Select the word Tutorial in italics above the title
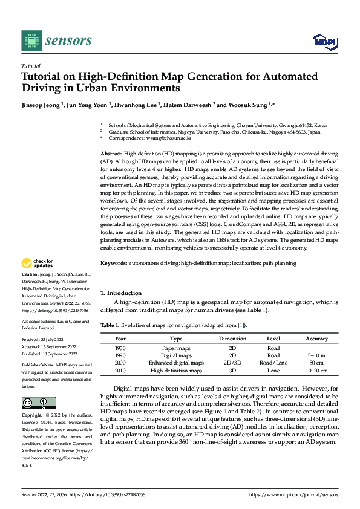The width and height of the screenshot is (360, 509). [x=31, y=66]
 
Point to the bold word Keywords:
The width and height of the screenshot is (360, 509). [x=114, y=263]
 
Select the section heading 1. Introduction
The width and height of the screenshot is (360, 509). [x=121, y=293]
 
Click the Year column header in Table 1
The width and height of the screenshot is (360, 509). [x=120, y=339]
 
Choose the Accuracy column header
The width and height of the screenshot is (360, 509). [x=317, y=339]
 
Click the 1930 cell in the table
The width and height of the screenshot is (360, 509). [x=120, y=349]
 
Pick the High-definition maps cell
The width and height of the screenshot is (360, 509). [x=176, y=371]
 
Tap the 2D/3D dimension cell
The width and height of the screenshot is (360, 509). [x=232, y=363]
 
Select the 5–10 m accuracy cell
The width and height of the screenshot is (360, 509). [x=317, y=356]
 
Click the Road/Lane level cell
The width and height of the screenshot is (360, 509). [x=273, y=363]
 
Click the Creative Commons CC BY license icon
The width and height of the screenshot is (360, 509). [x=39, y=403]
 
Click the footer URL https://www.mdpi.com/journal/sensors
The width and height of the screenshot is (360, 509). [x=293, y=494]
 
